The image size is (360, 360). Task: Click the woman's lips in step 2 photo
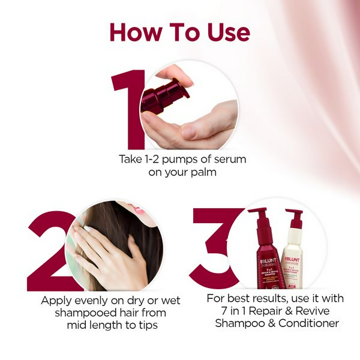[139, 211]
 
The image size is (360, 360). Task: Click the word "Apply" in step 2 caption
[57, 300]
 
